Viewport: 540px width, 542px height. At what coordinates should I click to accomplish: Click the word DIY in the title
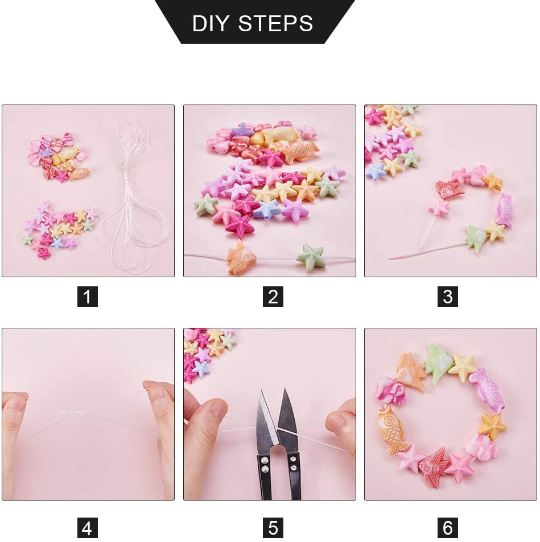pos(210,23)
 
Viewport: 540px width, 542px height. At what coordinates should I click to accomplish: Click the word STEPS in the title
pos(275,23)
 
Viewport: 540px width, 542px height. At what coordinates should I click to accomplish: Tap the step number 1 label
pos(88,297)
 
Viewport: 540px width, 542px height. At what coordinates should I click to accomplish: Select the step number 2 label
pos(273,297)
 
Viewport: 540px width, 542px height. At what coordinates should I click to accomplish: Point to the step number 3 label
pos(448,297)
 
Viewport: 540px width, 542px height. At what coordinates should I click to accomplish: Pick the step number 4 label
pos(87,528)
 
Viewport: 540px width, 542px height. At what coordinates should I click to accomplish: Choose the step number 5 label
pos(273,528)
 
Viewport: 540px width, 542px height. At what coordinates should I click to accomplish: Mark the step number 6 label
pos(448,528)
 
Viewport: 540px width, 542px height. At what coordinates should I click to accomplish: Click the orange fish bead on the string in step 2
pos(241,257)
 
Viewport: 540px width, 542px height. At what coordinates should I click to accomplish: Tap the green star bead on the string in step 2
pos(311,257)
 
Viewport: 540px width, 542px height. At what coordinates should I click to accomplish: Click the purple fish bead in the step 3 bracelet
pos(505,209)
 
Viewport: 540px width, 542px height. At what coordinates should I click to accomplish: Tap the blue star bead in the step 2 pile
pos(267,210)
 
